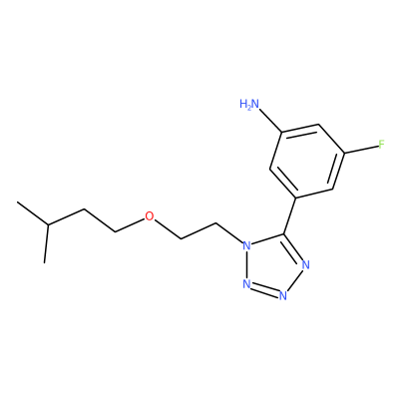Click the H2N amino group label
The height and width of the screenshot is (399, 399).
[x=249, y=104]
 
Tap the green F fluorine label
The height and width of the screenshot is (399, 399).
[x=382, y=145]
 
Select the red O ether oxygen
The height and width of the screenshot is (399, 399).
[x=150, y=216]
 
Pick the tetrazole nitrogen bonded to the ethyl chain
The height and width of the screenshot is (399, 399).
[x=246, y=246]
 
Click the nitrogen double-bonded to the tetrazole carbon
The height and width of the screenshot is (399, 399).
[x=306, y=265]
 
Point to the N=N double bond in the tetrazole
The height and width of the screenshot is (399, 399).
[x=264, y=289]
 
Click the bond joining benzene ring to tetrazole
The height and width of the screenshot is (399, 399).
[x=290, y=215]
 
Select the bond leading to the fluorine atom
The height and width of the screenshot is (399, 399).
[x=361, y=149]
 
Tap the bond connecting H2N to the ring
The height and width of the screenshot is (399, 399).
[x=270, y=121]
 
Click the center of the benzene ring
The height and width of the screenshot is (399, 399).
[x=307, y=162]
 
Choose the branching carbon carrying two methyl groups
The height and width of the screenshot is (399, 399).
[x=48, y=225]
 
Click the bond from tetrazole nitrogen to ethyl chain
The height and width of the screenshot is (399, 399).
[x=229, y=232]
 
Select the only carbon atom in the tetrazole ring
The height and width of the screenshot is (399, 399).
[x=283, y=233]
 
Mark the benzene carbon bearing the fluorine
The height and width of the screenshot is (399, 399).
[x=344, y=153]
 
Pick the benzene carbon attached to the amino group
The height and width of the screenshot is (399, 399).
[x=282, y=133]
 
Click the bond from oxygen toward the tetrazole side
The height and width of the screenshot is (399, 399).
[x=168, y=229]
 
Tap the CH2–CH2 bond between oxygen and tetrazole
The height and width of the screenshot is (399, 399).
[x=199, y=230]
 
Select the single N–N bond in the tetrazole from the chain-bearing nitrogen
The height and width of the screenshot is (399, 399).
[x=246, y=265]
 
